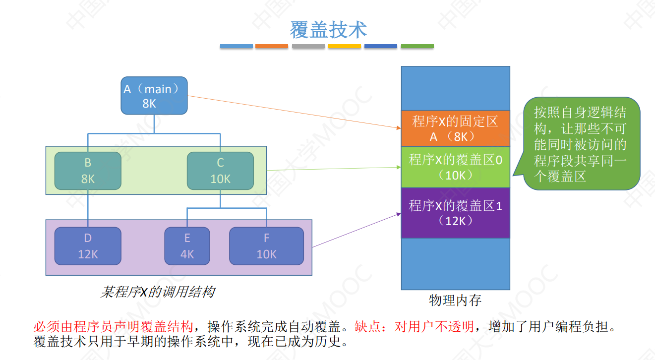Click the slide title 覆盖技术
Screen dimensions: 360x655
pyautogui.click(x=328, y=30)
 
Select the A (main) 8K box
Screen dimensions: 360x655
pyautogui.click(x=154, y=96)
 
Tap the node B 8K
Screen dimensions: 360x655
pyautogui.click(x=88, y=171)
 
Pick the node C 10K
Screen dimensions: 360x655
pyautogui.click(x=220, y=171)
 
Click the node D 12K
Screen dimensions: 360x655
pyautogui.click(x=88, y=246)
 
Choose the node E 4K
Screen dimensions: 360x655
pyautogui.click(x=187, y=246)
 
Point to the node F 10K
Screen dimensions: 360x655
pyautogui.click(x=266, y=246)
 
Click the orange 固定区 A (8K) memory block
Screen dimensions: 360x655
pyautogui.click(x=455, y=128)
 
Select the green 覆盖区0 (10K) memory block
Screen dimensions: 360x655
pyautogui.click(x=455, y=167)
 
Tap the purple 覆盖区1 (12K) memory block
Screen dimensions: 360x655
pyautogui.click(x=455, y=213)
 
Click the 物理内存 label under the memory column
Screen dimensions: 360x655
pyautogui.click(x=455, y=300)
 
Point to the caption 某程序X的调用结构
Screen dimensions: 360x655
pyautogui.click(x=157, y=292)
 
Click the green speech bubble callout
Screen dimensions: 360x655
pyautogui.click(x=582, y=144)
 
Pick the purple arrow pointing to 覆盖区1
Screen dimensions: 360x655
pyautogui.click(x=356, y=230)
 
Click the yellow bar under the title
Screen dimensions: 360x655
pyautogui.click(x=345, y=46)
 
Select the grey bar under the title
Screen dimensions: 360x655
pyautogui.click(x=308, y=46)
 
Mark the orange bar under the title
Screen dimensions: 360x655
pyautogui.click(x=272, y=46)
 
